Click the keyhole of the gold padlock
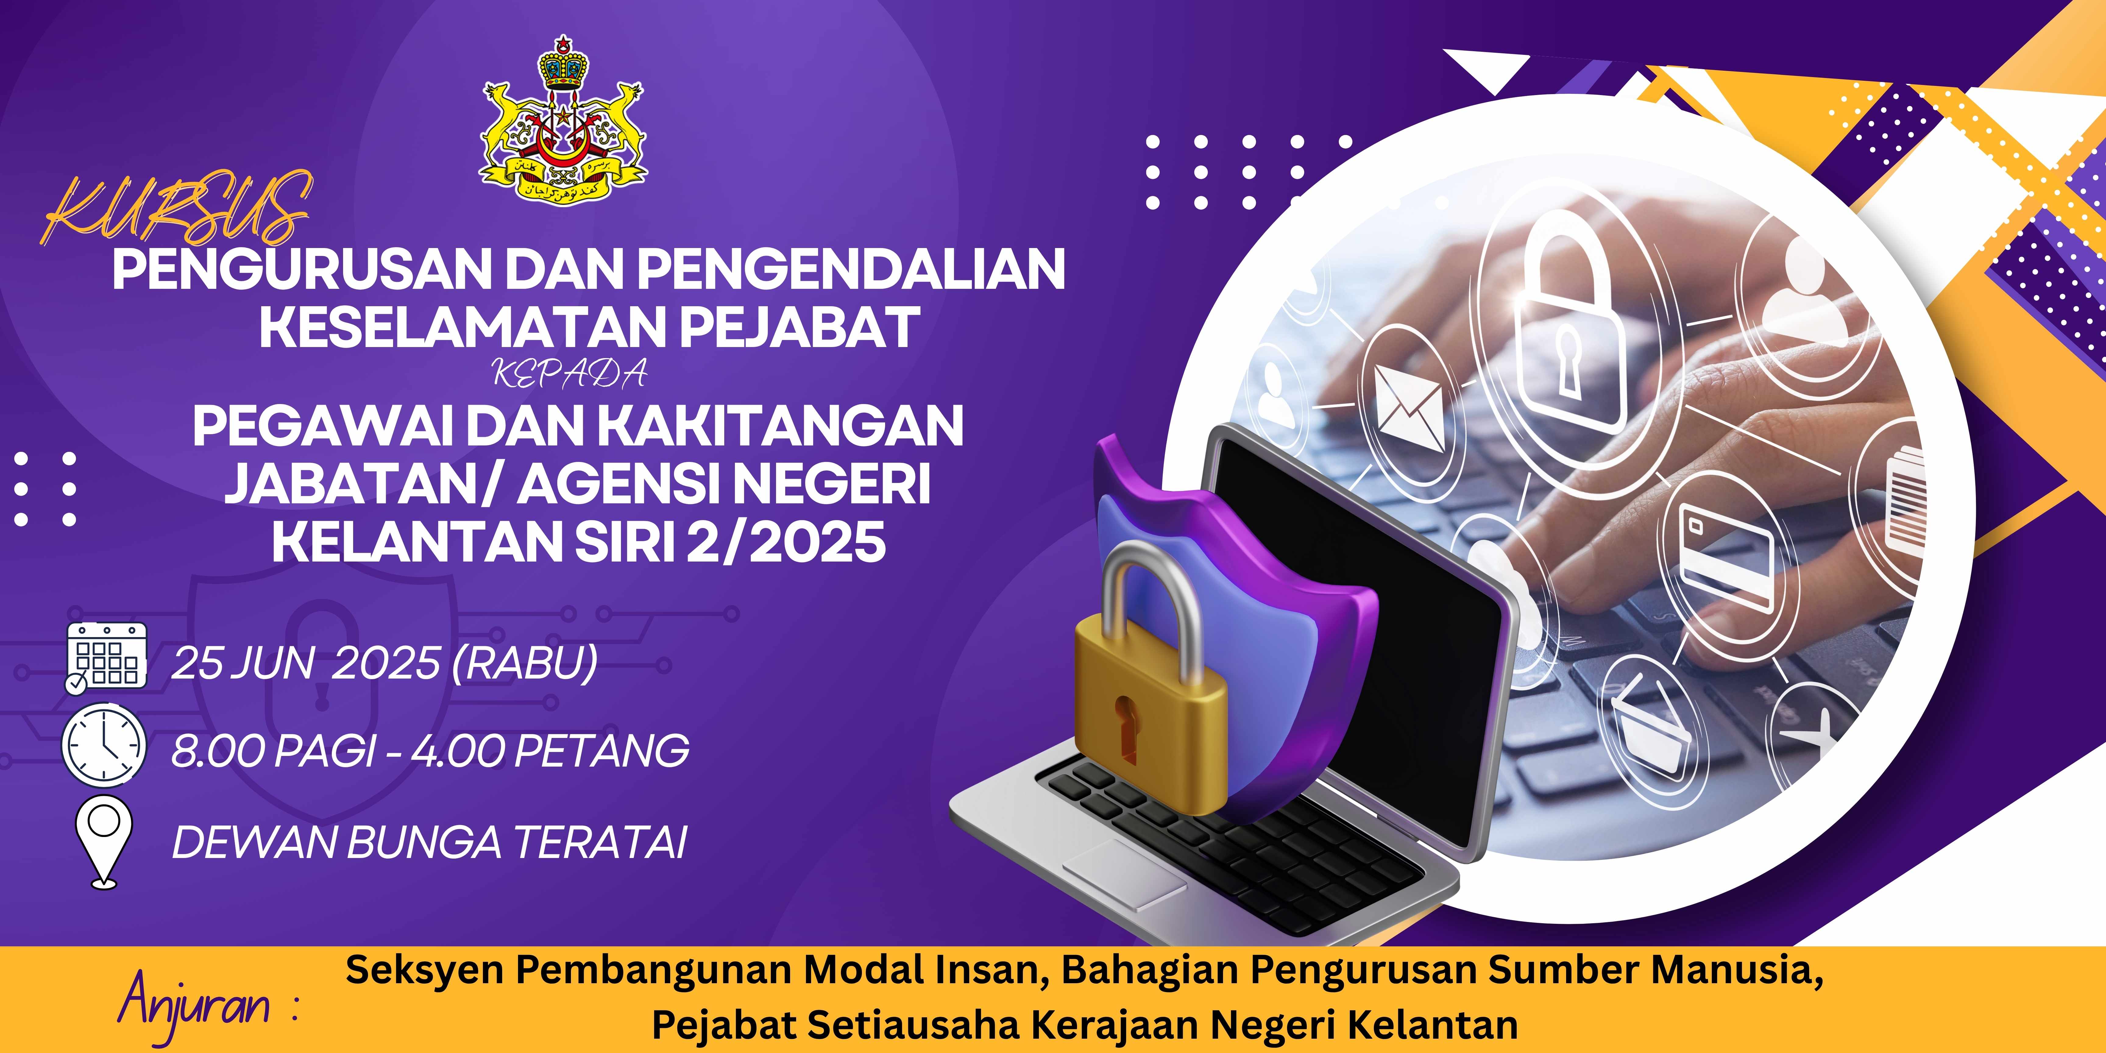coord(1125,728)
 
